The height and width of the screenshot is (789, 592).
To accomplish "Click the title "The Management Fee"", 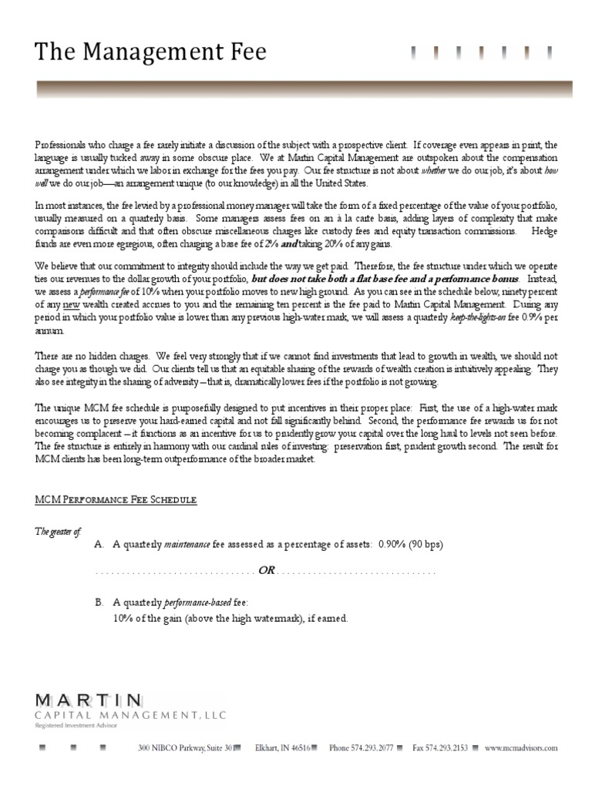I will coord(151,52).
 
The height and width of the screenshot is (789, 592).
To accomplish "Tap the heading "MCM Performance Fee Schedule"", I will coord(116,500).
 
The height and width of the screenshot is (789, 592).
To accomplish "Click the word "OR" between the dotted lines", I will coord(267,571).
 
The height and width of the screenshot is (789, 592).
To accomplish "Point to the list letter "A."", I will coord(99,545).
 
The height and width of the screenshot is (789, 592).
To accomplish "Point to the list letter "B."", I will coord(99,602).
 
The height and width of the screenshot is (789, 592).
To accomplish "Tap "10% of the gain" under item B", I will coord(148,618).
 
